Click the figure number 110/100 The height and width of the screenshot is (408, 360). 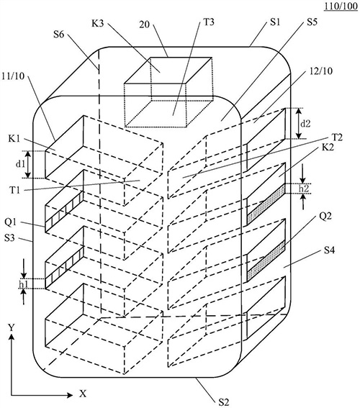tap(341, 6)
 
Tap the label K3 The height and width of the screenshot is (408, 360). tap(98, 23)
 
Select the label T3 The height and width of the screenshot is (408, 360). tap(209, 22)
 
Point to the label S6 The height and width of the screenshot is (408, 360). tap(58, 34)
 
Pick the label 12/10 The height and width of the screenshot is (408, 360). tap(320, 71)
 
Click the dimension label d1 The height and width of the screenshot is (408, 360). tap(20, 164)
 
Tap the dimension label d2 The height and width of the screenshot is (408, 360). tap(305, 123)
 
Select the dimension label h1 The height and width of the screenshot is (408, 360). tap(24, 284)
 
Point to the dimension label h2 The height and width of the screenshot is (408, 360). tap(304, 189)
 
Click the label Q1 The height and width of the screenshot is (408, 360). tap(10, 222)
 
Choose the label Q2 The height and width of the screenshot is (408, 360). tap(325, 216)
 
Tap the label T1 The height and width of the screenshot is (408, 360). tap(15, 190)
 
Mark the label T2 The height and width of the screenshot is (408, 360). tap(336, 137)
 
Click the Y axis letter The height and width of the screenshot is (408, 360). tap(11, 327)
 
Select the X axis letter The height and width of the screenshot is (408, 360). tap(83, 394)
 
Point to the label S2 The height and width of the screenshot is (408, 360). tap(224, 402)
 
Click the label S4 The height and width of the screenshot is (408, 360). tap(329, 250)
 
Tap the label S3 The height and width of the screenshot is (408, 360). tap(9, 238)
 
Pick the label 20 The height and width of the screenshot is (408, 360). tap(145, 24)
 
